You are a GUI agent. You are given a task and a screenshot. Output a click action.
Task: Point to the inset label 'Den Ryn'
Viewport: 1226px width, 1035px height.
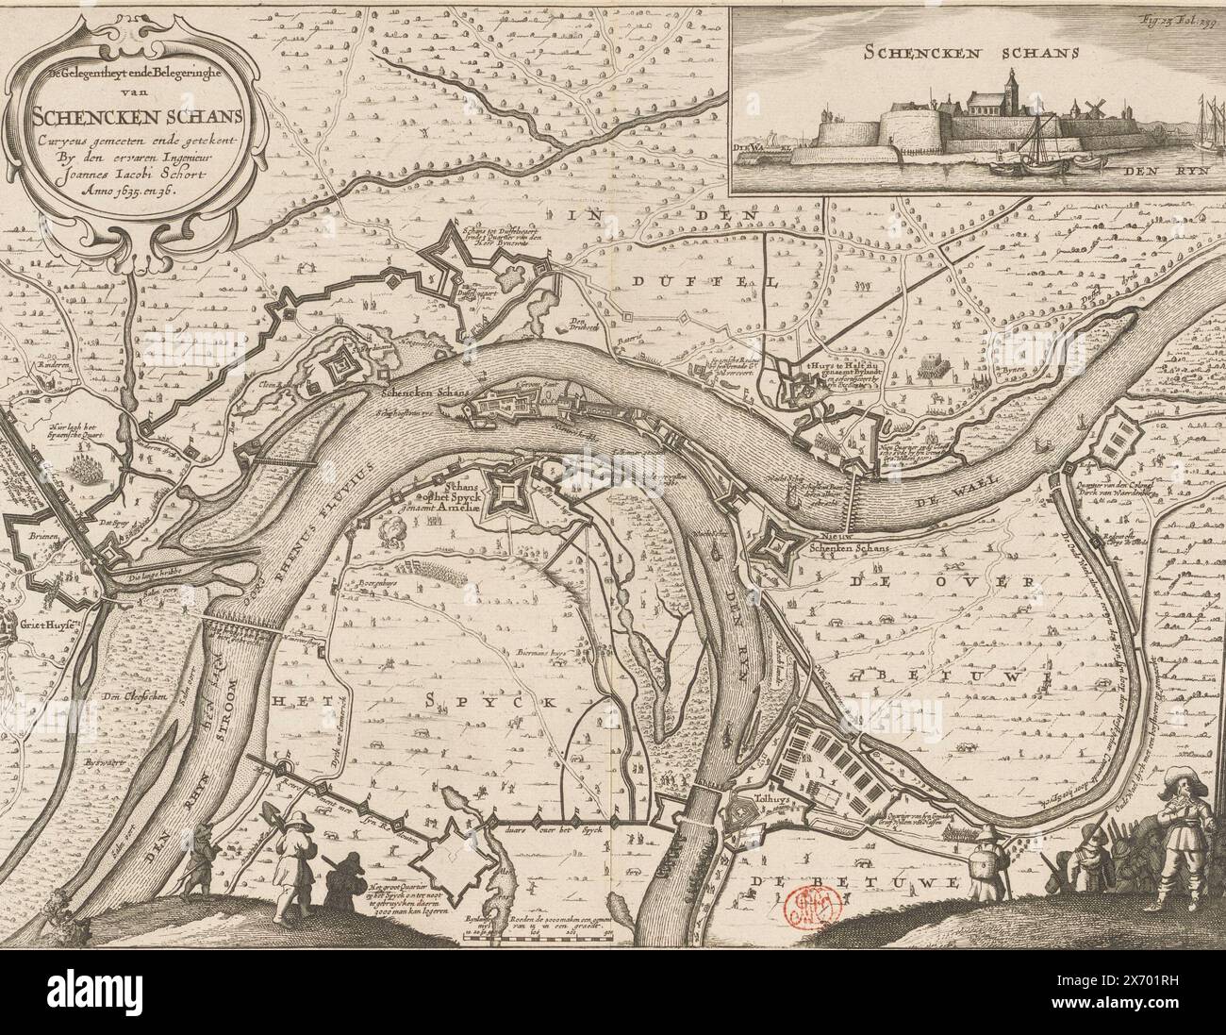(1154, 171)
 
